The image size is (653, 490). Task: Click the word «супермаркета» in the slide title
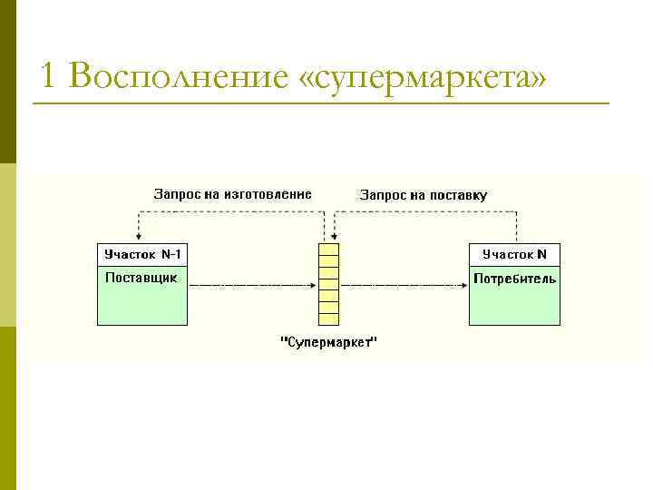point(423,77)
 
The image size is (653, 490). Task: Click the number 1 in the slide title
point(49,77)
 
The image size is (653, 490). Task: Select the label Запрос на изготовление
point(232,194)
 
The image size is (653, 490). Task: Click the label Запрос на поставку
point(424,195)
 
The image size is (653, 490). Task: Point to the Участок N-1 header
point(142,254)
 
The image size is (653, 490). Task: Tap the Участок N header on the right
point(514,254)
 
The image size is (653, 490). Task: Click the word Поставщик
point(141,278)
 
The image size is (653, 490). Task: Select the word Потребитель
point(514,279)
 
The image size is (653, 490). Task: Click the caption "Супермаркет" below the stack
point(328,342)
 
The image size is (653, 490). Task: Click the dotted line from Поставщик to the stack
point(254,285)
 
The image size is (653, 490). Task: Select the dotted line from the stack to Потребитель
point(399,285)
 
